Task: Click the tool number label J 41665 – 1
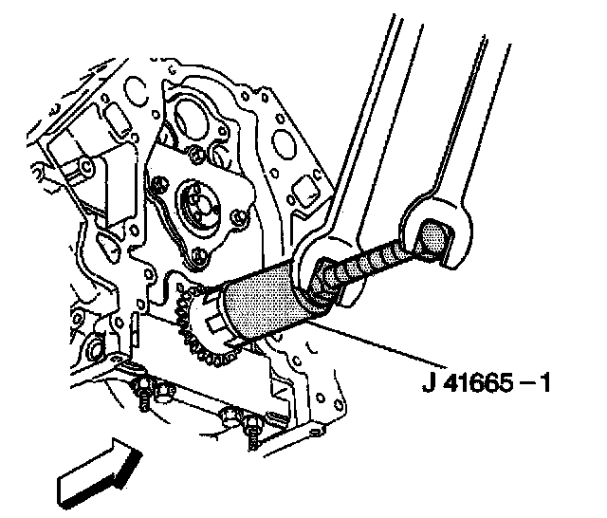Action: [x=487, y=386]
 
